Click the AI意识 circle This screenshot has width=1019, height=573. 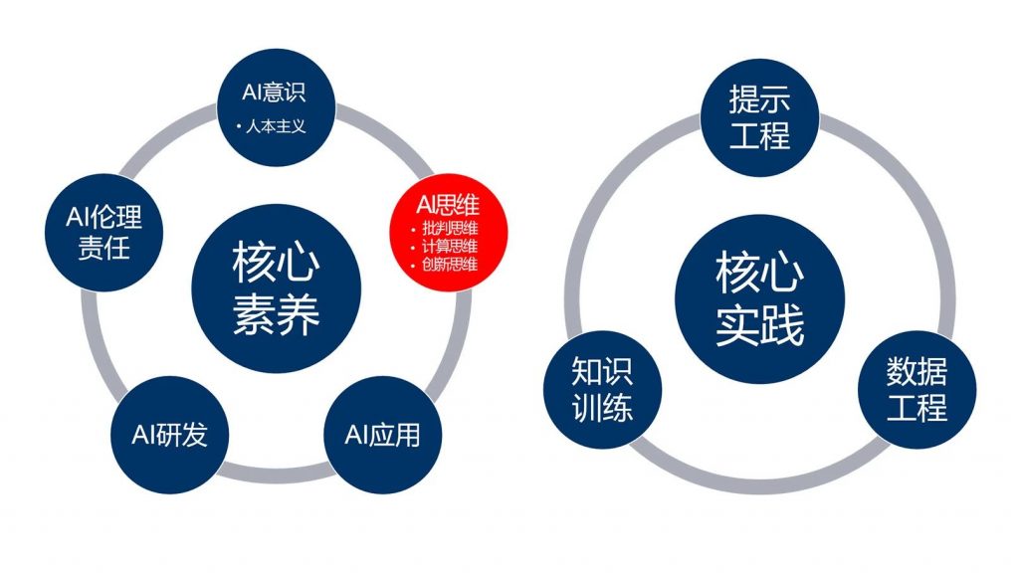pyautogui.click(x=277, y=107)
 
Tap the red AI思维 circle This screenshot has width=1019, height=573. pyautogui.click(x=449, y=233)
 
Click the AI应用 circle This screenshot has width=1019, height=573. pyautogui.click(x=383, y=435)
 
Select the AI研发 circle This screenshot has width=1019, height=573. pyautogui.click(x=169, y=435)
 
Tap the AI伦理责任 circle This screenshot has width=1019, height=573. pyautogui.click(x=103, y=233)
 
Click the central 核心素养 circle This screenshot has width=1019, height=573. pyautogui.click(x=277, y=288)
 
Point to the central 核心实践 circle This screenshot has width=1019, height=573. pyautogui.click(x=759, y=298)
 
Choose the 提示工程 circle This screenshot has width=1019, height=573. pyautogui.click(x=759, y=117)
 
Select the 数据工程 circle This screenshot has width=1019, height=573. pyautogui.click(x=917, y=390)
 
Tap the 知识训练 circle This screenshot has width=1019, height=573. pyautogui.click(x=602, y=390)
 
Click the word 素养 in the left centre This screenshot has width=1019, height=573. pyautogui.click(x=277, y=315)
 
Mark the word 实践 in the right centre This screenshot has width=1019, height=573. pyautogui.click(x=759, y=325)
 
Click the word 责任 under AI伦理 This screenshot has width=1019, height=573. pyautogui.click(x=103, y=248)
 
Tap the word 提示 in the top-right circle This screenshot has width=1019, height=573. pyautogui.click(x=759, y=99)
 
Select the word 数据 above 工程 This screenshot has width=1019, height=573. pyautogui.click(x=917, y=372)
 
